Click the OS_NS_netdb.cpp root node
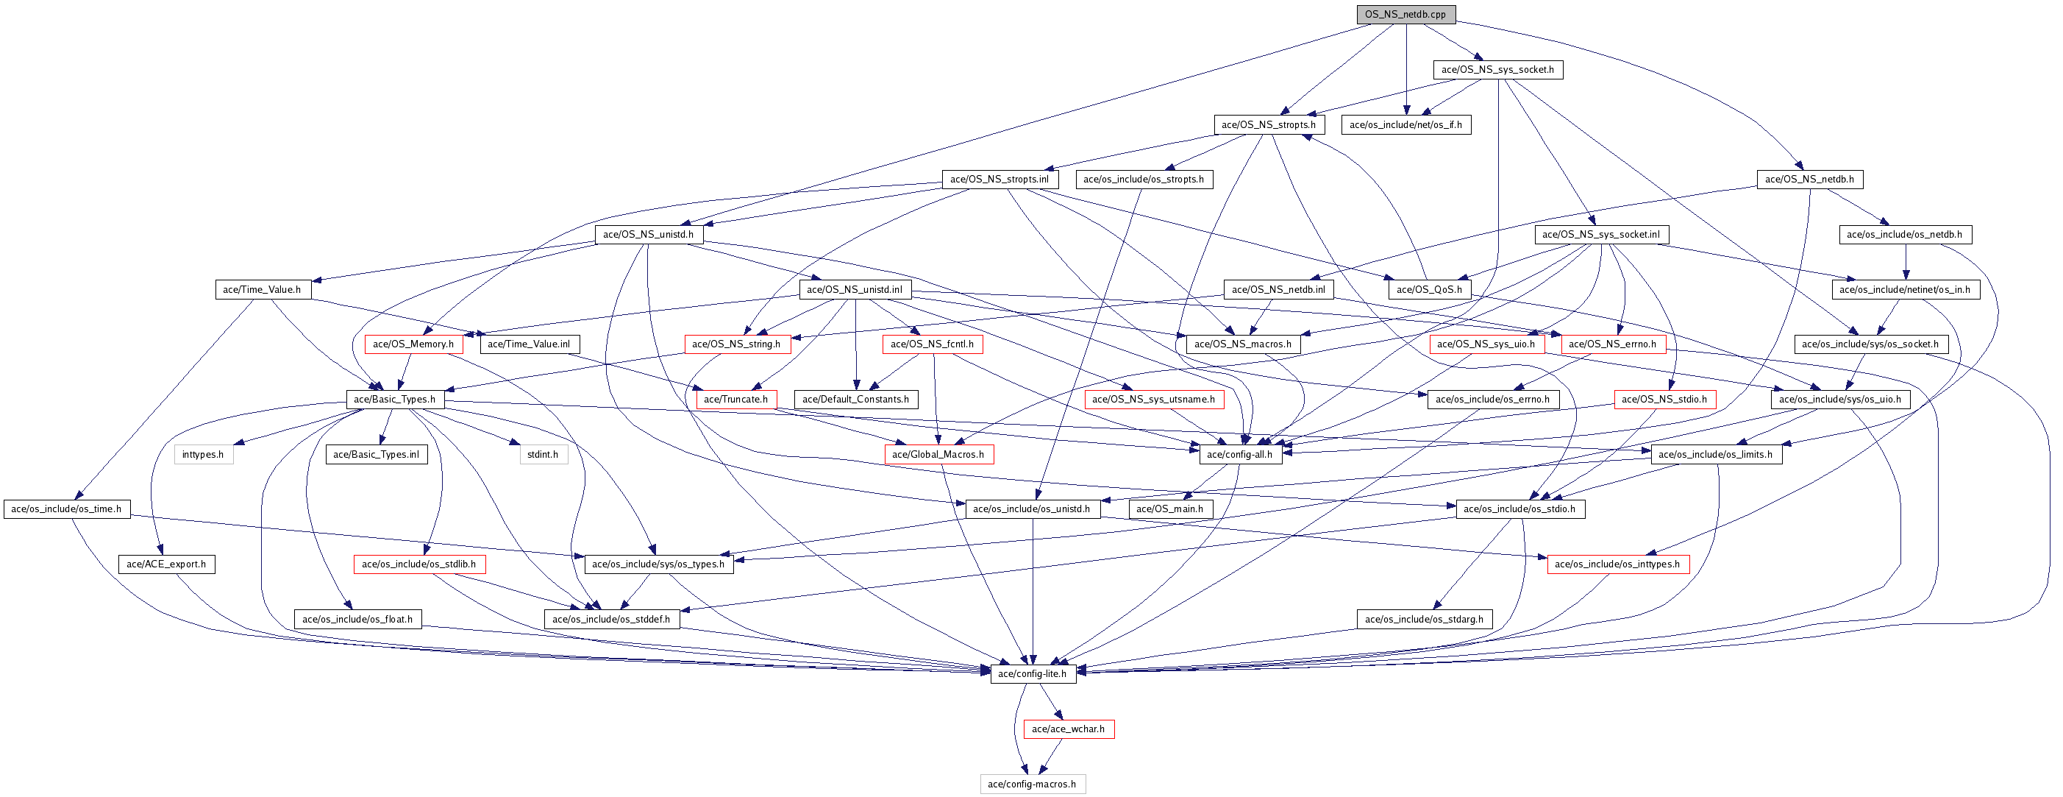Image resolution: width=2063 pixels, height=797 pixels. pos(1405,15)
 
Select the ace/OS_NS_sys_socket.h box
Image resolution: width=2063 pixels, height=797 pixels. pos(1497,70)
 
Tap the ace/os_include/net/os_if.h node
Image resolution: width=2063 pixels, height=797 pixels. pos(1405,125)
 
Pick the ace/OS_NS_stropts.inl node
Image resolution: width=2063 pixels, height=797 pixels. pos(1000,180)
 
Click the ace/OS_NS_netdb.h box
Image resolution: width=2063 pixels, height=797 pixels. pos(1809,180)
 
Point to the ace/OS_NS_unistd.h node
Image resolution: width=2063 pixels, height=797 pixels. pos(648,235)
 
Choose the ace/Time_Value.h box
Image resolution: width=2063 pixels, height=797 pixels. pos(262,290)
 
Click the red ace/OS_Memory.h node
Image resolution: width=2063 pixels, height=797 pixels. pos(413,344)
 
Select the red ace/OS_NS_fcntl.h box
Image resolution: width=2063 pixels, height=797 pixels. pos(932,344)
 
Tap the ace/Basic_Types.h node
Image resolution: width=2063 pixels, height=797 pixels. pos(395,400)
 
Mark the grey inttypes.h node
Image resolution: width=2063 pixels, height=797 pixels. pos(204,455)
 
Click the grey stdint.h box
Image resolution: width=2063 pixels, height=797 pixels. pos(543,455)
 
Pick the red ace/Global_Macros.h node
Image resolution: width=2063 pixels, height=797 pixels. pos(938,455)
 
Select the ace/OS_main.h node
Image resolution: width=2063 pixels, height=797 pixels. pos(1170,509)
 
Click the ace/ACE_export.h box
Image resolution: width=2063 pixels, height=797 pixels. pos(166,564)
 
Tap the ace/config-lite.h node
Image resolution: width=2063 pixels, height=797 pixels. pos(1033,674)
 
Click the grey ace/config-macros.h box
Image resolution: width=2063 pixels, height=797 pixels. pos(1033,784)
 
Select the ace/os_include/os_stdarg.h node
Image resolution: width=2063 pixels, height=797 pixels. pos(1424,619)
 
